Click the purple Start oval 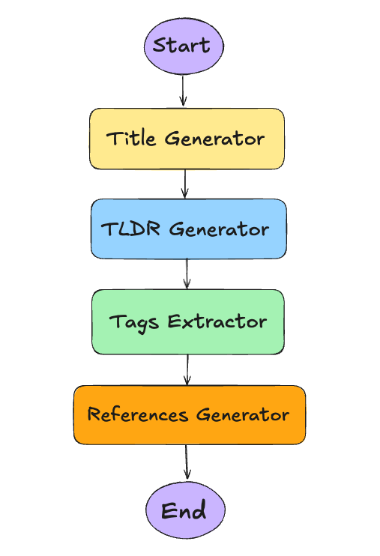point(183,46)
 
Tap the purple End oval point(184,511)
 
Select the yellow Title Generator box point(187,139)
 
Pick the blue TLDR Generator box point(188,229)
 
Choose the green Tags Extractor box point(188,321)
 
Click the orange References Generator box point(189,414)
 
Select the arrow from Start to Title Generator point(183,91)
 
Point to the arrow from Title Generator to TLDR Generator point(185,184)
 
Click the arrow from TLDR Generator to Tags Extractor point(187,274)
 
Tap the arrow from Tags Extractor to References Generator point(187,369)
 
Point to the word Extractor point(217,322)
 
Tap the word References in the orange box point(138,414)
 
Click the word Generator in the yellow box point(214,139)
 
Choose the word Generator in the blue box point(218,229)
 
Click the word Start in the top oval point(183,46)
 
